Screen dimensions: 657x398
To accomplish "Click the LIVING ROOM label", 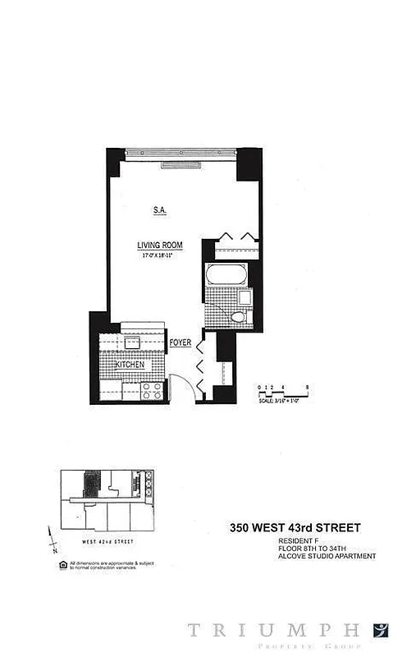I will click(159, 245).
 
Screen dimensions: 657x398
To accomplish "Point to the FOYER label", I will click(181, 342).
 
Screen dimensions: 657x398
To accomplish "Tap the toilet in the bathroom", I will click(237, 316).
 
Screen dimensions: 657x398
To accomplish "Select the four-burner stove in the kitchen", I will click(152, 391).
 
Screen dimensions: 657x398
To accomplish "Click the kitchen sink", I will click(130, 343).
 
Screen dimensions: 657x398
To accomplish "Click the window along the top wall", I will click(181, 153).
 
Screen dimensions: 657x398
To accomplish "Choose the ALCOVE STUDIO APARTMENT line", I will click(326, 556).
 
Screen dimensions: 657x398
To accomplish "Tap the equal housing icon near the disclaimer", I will click(63, 564).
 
